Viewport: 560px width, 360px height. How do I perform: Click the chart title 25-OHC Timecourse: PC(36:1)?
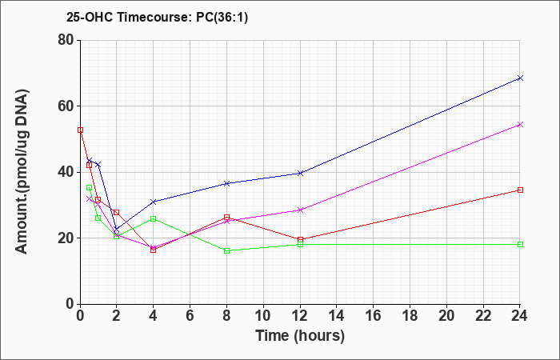click(157, 17)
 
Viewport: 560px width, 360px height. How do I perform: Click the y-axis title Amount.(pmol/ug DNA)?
click(22, 172)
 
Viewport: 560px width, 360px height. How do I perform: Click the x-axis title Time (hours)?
click(300, 336)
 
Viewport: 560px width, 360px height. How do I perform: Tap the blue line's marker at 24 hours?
click(520, 78)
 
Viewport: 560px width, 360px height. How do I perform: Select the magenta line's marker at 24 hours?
click(520, 124)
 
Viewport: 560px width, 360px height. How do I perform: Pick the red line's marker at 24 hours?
click(520, 190)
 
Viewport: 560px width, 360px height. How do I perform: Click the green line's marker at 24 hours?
click(520, 244)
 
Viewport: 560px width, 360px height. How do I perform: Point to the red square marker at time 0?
click(80, 130)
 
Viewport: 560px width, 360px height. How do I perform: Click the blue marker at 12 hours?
click(300, 174)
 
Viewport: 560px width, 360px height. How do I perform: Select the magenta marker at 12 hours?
click(300, 210)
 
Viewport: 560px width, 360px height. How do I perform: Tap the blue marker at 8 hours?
click(226, 183)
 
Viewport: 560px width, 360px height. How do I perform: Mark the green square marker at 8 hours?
click(226, 250)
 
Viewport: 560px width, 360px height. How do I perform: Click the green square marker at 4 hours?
click(154, 218)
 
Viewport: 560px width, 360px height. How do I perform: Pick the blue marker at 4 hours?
click(154, 202)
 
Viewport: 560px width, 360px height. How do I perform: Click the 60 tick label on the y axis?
click(66, 106)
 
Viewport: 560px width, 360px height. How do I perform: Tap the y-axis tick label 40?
click(66, 172)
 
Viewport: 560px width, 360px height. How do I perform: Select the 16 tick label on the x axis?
click(374, 316)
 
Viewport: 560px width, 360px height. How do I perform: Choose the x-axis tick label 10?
click(263, 316)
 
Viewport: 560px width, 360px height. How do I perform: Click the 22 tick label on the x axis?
click(483, 316)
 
